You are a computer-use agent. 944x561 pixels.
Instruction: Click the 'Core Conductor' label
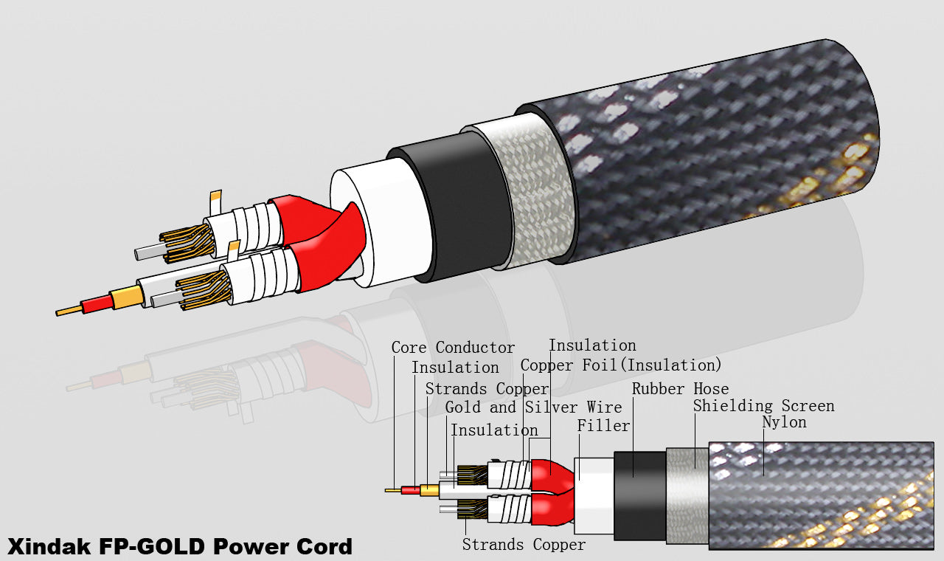pos(453,348)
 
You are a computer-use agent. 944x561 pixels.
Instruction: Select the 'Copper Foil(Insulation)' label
pos(621,365)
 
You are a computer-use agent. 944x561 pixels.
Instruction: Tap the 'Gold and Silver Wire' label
pos(533,407)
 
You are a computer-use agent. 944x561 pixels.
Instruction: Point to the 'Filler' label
pos(603,426)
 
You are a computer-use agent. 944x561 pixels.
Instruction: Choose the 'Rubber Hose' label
pos(680,389)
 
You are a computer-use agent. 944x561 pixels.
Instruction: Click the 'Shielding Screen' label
pos(763,406)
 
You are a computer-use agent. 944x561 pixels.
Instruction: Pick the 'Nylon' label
pos(784,422)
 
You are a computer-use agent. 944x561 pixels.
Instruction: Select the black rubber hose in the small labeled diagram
pos(639,495)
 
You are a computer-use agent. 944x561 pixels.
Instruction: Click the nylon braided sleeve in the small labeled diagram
pos(819,495)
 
